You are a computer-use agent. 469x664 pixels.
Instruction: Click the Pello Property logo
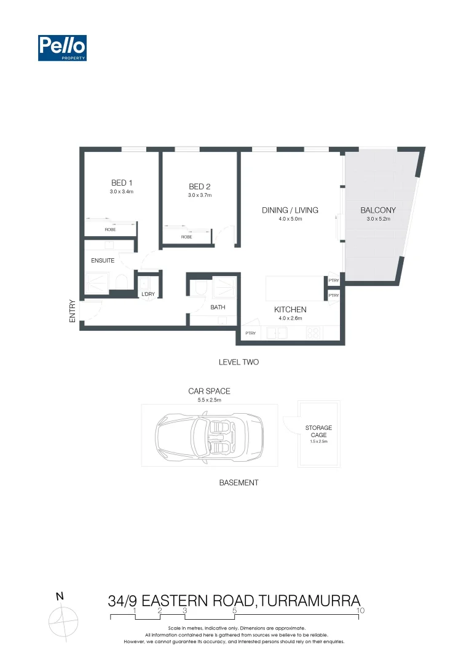point(62,48)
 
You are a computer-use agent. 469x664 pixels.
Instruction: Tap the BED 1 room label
point(122,183)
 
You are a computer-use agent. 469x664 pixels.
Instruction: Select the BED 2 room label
point(200,187)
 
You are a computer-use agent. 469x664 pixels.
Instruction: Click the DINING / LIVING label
point(290,210)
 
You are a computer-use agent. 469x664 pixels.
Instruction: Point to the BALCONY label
point(377,210)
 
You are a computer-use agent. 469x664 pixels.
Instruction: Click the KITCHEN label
point(290,310)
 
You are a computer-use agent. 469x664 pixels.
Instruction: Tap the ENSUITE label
point(103,261)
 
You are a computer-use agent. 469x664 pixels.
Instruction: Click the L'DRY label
point(148,294)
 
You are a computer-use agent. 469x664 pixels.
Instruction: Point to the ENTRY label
point(73,311)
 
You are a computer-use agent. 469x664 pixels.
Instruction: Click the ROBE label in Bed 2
point(186,237)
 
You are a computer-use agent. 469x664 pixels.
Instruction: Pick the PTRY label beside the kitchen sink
point(250,333)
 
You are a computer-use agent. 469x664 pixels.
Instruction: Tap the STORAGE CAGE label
point(318,431)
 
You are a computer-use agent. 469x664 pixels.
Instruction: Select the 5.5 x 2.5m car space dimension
point(209,400)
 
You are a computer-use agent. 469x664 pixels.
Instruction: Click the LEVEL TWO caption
point(238,362)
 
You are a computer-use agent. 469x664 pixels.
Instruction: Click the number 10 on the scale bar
point(361,611)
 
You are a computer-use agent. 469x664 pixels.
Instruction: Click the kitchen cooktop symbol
point(312,333)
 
